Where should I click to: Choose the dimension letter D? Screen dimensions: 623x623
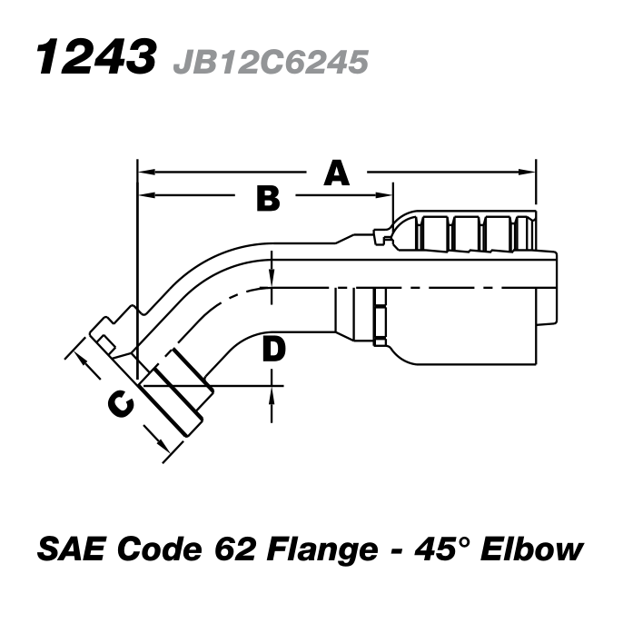pyautogui.click(x=274, y=348)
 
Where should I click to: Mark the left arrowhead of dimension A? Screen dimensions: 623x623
pyautogui.click(x=143, y=171)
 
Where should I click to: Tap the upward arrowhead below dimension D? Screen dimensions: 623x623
pyautogui.click(x=274, y=392)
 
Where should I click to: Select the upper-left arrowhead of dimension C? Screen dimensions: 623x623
pyautogui.click(x=80, y=361)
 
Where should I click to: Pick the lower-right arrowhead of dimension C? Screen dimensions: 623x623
pyautogui.click(x=161, y=445)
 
